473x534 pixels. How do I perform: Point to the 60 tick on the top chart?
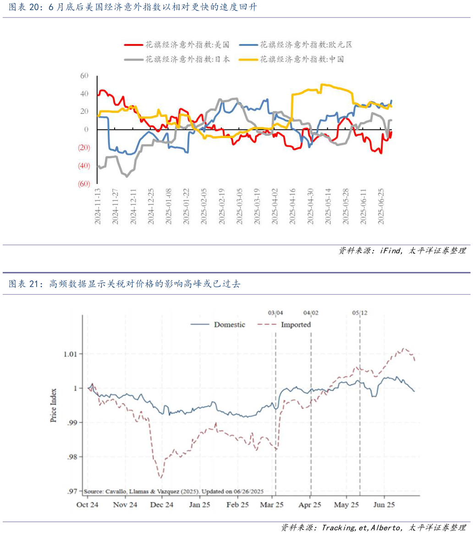click(x=84, y=76)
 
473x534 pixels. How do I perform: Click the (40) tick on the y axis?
click(x=83, y=166)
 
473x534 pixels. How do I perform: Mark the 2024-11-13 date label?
click(x=98, y=206)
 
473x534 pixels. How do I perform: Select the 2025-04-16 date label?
click(x=292, y=206)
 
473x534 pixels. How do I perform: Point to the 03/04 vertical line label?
click(x=275, y=313)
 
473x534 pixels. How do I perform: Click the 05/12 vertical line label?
click(x=360, y=313)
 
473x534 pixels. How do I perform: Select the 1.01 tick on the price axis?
click(x=71, y=354)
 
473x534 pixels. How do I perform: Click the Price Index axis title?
click(x=54, y=406)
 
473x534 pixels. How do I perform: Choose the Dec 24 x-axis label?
click(x=162, y=505)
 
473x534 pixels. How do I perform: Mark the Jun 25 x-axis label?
click(x=384, y=505)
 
